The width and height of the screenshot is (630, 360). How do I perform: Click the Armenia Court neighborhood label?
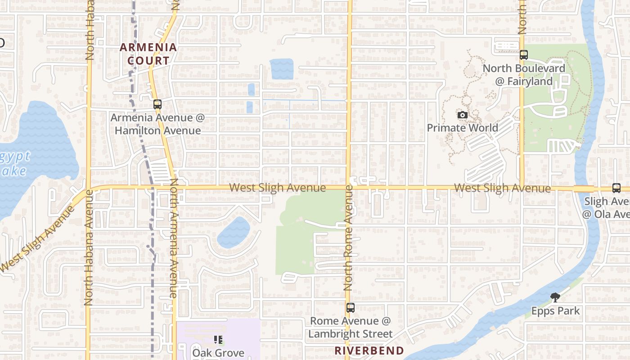click(x=148, y=54)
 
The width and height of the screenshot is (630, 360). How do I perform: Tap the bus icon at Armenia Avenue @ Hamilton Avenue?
click(x=157, y=104)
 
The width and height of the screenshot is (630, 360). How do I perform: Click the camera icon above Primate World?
click(x=462, y=115)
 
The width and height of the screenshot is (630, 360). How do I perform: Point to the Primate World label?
click(x=462, y=128)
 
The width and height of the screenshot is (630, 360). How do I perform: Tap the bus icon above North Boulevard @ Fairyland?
click(x=523, y=55)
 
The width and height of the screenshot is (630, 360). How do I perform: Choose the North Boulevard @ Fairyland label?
click(x=524, y=75)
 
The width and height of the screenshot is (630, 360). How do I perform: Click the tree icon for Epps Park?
click(x=555, y=297)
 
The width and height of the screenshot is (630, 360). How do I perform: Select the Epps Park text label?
click(x=555, y=311)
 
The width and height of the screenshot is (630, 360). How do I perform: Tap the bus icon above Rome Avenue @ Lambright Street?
click(x=350, y=308)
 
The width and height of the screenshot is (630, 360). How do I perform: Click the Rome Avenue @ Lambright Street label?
click(x=351, y=327)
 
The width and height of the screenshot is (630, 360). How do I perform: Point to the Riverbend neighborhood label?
click(x=369, y=351)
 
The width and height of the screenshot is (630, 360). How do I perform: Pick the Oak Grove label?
click(x=218, y=353)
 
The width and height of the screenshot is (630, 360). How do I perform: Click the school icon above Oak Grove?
click(x=219, y=340)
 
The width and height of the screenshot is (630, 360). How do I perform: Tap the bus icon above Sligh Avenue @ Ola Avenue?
click(x=616, y=188)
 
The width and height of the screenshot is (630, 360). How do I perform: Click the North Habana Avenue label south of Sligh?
click(x=89, y=247)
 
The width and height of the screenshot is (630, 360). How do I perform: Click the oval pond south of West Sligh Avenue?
click(x=234, y=232)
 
